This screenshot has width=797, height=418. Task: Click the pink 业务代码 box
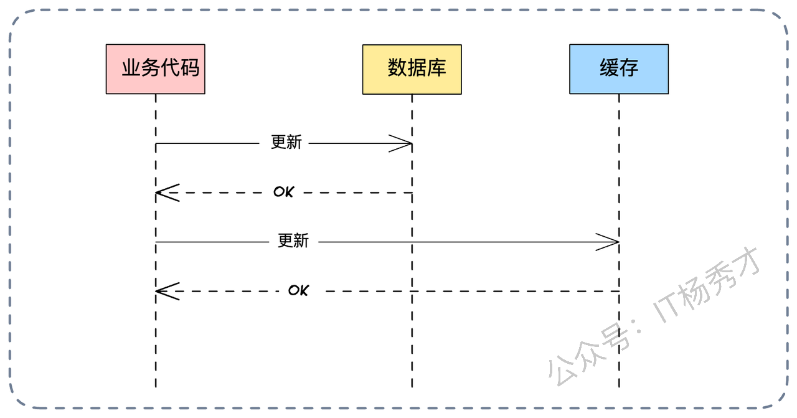(x=155, y=69)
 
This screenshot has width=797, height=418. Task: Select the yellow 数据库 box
(x=412, y=69)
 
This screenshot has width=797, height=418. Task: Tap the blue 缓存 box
(x=618, y=69)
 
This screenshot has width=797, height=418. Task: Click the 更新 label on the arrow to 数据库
(x=286, y=143)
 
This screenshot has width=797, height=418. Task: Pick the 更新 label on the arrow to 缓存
(x=293, y=240)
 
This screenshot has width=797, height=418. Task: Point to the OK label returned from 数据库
(x=283, y=192)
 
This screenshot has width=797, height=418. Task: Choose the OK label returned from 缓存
(x=298, y=290)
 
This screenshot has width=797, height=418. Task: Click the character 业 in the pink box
(x=131, y=67)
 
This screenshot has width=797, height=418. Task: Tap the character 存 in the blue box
(x=629, y=67)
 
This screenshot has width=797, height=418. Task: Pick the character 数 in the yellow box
(x=397, y=67)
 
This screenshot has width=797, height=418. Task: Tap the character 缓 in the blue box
(x=609, y=67)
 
